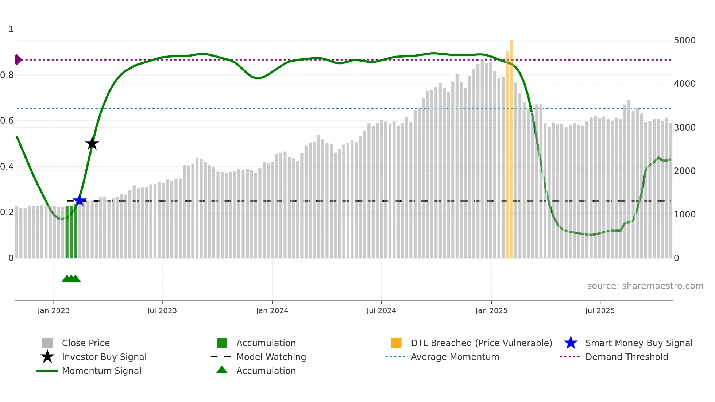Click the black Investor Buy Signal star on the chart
pyautogui.click(x=92, y=143)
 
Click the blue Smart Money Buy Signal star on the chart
pyautogui.click(x=80, y=200)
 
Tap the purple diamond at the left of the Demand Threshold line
pyautogui.click(x=18, y=59)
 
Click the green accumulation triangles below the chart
pyautogui.click(x=71, y=279)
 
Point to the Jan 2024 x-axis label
pyautogui.click(x=272, y=310)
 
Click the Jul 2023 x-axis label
pyautogui.click(x=162, y=310)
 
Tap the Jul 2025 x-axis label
pyautogui.click(x=600, y=310)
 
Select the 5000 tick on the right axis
pyautogui.click(x=684, y=40)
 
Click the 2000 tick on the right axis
pyautogui.click(x=684, y=171)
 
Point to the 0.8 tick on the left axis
pyautogui.click(x=7, y=75)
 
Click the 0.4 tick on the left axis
pyautogui.click(x=7, y=167)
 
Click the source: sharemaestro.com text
pyautogui.click(x=645, y=286)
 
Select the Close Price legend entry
pyautogui.click(x=86, y=343)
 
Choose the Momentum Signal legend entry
pyautogui.click(x=101, y=371)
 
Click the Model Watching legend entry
pyautogui.click(x=271, y=357)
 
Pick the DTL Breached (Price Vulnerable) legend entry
pyautogui.click(x=481, y=343)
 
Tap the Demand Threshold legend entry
pyautogui.click(x=626, y=357)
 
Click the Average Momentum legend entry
pyautogui.click(x=455, y=357)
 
